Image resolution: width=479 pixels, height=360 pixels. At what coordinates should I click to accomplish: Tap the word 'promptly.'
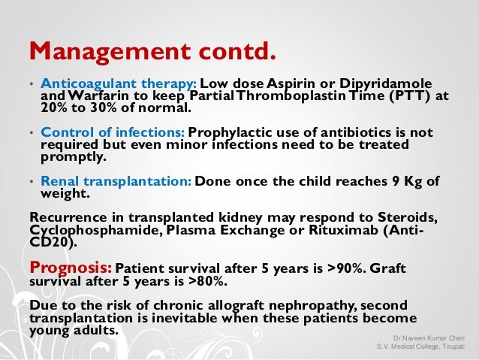(x=74, y=158)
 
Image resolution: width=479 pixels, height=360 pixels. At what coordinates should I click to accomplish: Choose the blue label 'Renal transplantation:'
(x=117, y=181)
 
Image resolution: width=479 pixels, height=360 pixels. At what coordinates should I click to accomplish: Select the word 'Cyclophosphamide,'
(x=92, y=229)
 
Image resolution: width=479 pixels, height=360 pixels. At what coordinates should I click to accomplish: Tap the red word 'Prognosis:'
(x=70, y=268)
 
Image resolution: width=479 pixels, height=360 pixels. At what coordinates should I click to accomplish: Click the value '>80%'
(x=207, y=282)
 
